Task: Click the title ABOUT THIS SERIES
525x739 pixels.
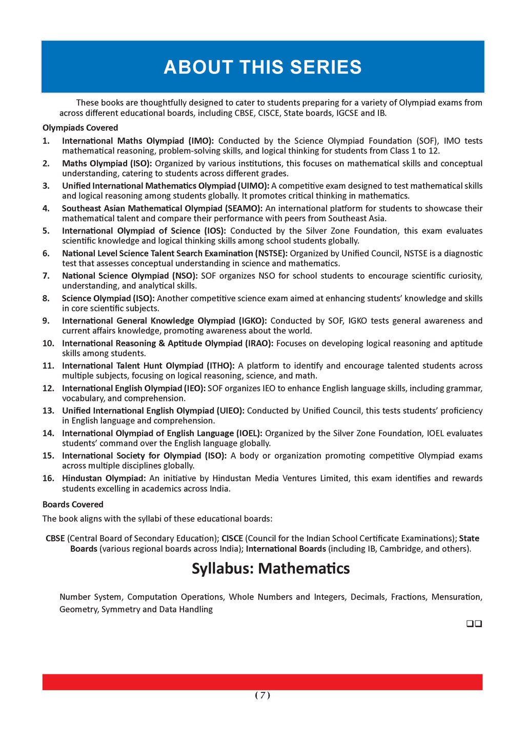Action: click(262, 67)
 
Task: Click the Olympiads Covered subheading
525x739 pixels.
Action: click(80, 128)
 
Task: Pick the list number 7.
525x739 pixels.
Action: click(46, 276)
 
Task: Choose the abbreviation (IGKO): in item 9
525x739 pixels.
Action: click(252, 321)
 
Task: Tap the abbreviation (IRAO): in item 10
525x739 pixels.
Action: click(255, 343)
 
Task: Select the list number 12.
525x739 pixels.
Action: click(48, 388)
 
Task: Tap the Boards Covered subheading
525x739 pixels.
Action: click(73, 504)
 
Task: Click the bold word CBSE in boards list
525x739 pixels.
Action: click(55, 538)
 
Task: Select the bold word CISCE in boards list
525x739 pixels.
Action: click(232, 538)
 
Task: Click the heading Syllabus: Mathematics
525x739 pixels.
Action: click(271, 569)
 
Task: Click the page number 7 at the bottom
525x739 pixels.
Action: click(262, 695)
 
